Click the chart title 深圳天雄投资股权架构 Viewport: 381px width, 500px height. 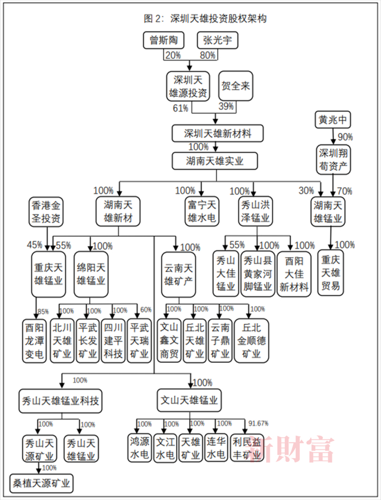205,19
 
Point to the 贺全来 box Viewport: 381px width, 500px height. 236,86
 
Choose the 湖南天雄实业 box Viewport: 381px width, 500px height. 214,161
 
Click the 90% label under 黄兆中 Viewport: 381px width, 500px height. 345,136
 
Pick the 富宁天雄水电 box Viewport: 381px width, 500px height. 202,212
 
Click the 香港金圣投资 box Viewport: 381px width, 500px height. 46,212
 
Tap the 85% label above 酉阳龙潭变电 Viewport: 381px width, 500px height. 42,311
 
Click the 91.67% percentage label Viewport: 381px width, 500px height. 259,423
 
